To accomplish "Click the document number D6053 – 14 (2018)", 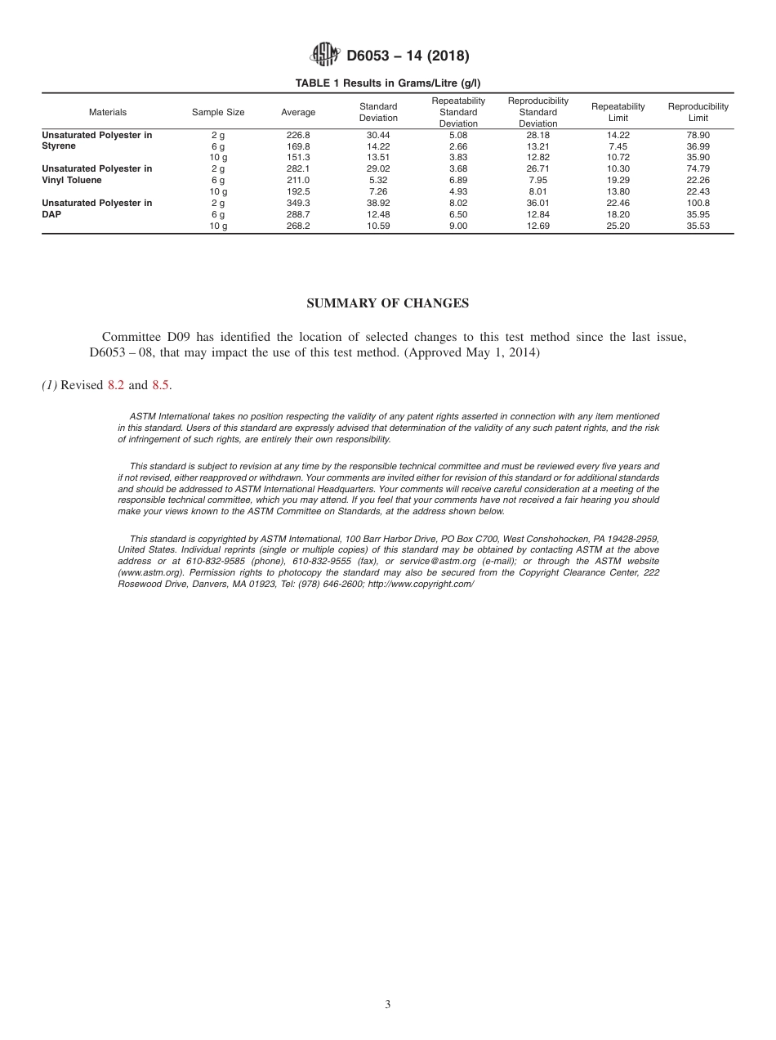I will (408, 56).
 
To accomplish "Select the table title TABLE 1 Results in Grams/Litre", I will (388, 83).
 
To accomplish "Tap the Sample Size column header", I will (218, 112).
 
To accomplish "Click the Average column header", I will (298, 112).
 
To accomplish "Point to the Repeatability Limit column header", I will (618, 112).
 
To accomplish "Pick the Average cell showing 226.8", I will (298, 135).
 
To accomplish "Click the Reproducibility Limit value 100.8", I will (698, 203).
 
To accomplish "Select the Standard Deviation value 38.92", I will (378, 203).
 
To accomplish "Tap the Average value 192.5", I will (298, 191).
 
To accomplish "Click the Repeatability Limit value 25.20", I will (618, 226).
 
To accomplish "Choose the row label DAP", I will (51, 214).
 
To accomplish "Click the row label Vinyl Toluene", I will (72, 180).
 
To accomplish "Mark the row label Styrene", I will (59, 146).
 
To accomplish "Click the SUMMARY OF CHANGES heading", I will (387, 303).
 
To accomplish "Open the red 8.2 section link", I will (116, 385).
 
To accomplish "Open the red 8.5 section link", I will (161, 385).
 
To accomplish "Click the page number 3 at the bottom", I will (388, 1005).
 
